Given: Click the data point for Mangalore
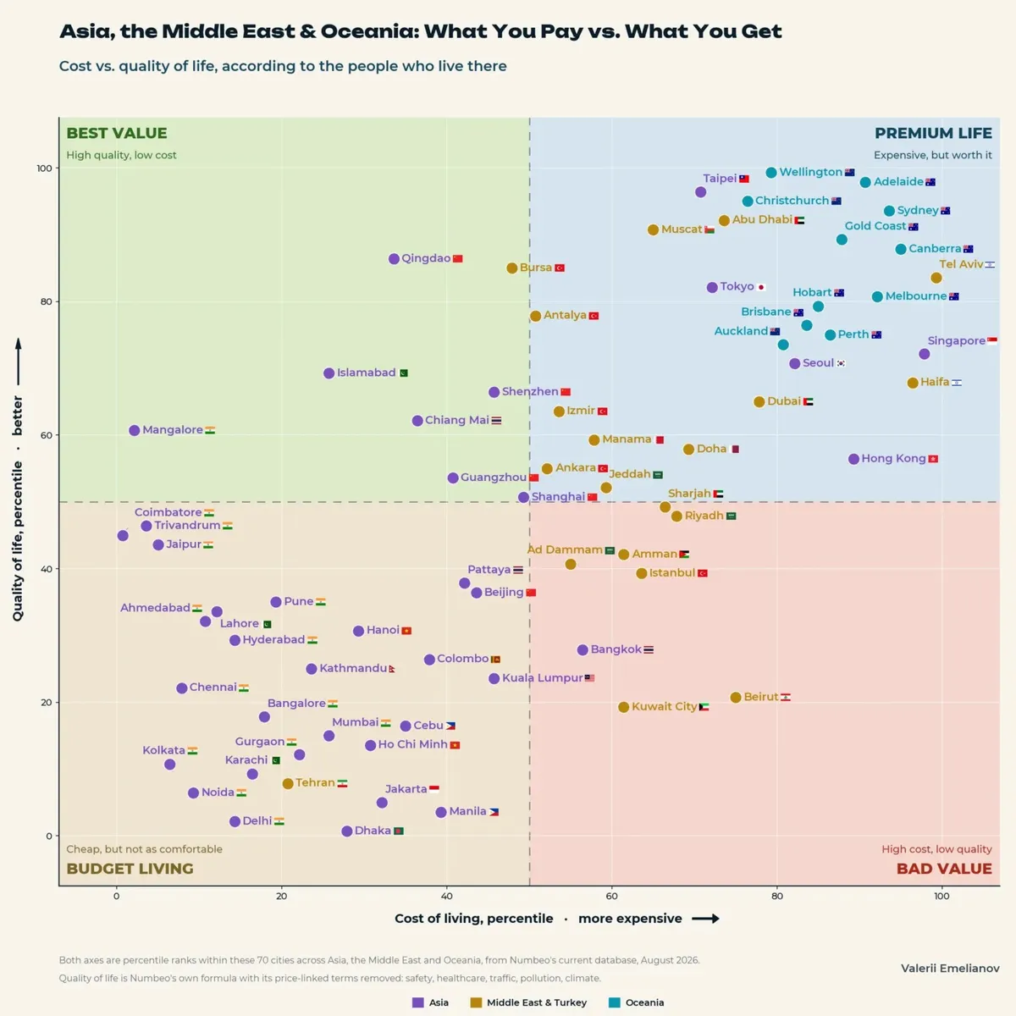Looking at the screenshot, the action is point(135,430).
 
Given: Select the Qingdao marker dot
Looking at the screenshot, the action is point(394,259).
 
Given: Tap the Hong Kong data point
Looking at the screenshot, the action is point(853,459).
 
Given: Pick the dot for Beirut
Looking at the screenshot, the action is point(736,697).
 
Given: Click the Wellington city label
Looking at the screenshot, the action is point(810,172).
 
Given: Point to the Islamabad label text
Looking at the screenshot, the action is point(367,373).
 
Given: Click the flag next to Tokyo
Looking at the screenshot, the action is point(761,287).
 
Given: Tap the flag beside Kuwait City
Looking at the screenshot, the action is point(704,707).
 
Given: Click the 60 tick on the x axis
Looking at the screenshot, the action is point(611,896).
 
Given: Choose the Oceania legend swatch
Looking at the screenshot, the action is point(614,1002).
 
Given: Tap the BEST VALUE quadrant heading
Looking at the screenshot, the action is point(117,133).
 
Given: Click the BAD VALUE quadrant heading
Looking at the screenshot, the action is point(944,869).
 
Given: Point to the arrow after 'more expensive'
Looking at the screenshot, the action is point(705,919).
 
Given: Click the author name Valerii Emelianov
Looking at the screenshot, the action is point(950,968).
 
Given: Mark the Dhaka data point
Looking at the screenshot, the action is point(346,831).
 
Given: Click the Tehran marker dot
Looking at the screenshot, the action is point(287,783).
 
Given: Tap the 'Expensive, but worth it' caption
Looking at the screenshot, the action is point(932,155).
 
